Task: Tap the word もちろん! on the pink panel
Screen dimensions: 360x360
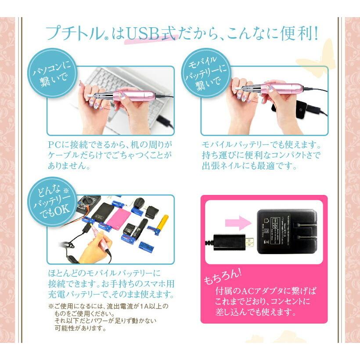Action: click(x=222, y=276)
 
